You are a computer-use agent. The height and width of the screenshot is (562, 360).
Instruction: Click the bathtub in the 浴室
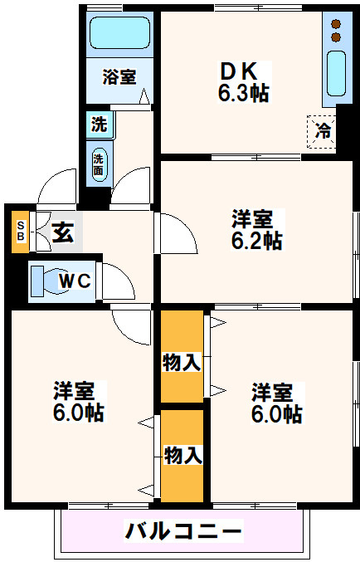click(119, 32)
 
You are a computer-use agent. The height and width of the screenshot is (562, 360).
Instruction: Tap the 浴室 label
click(119, 76)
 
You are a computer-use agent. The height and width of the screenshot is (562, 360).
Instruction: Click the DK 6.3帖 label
click(243, 82)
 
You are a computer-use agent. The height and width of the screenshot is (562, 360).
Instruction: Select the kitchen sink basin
click(336, 73)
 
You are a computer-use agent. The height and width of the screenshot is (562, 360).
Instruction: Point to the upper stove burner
click(336, 24)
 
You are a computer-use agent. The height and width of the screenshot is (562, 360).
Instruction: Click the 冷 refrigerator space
click(322, 131)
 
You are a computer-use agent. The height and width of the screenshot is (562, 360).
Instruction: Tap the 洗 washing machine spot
click(100, 125)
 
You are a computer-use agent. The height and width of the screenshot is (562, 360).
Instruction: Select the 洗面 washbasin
click(99, 164)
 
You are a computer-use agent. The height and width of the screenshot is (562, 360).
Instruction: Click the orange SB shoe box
click(20, 232)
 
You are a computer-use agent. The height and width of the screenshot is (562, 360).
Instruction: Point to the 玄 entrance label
click(63, 232)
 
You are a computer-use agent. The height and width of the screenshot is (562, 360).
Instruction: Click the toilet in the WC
click(46, 281)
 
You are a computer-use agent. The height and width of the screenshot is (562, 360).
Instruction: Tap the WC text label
click(75, 281)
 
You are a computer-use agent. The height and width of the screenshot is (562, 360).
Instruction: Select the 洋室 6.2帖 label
click(256, 229)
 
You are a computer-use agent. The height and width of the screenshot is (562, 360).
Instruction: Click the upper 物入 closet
click(182, 356)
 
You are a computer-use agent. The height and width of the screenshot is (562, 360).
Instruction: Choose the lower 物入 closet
click(182, 456)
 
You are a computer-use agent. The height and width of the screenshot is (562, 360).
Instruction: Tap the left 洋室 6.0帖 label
click(79, 402)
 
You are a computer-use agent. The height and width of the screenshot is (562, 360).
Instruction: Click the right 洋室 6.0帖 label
click(277, 403)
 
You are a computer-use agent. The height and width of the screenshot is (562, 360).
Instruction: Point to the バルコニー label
click(183, 531)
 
